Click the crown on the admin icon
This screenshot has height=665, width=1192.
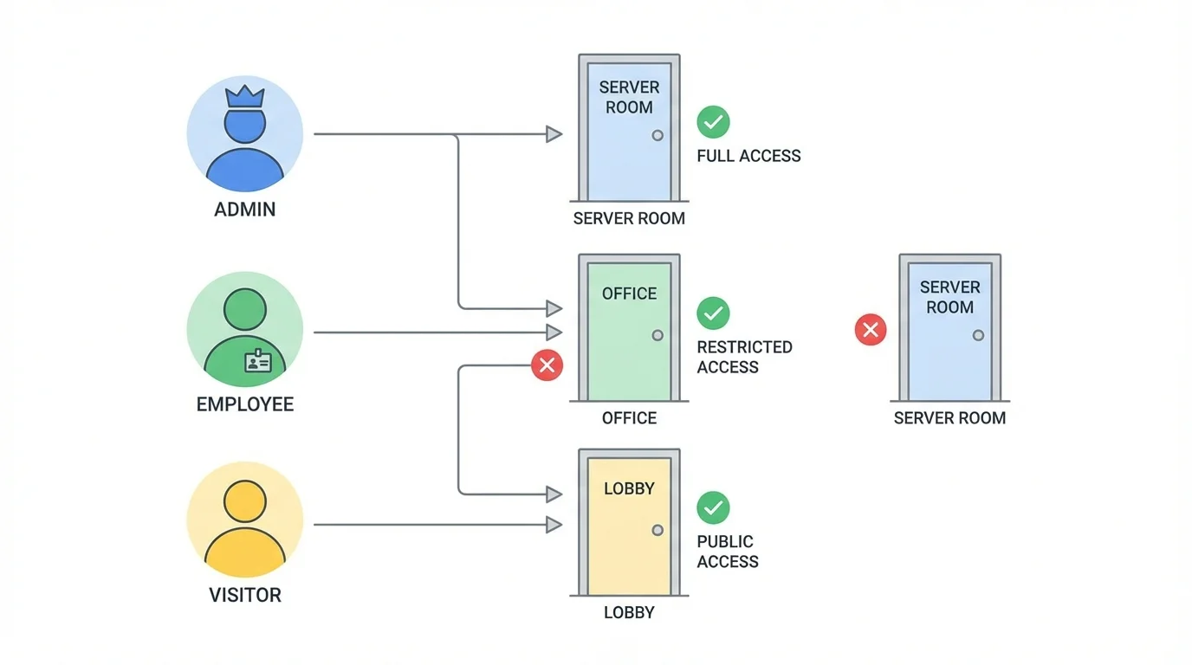[244, 96]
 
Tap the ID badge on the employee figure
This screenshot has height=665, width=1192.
[257, 360]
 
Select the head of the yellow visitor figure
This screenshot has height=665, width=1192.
[245, 501]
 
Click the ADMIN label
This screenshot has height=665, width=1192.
[245, 210]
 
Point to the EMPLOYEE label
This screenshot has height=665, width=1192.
[245, 404]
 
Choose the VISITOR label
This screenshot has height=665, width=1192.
[245, 596]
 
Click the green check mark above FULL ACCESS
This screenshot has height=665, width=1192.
[713, 122]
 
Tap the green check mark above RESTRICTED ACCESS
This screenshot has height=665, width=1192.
[713, 313]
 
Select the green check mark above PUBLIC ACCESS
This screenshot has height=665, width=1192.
[713, 508]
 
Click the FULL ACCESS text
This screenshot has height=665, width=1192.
[748, 157]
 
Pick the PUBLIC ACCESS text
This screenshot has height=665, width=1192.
[728, 552]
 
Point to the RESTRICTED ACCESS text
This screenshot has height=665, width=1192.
[744, 357]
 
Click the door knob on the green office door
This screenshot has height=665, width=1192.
[658, 335]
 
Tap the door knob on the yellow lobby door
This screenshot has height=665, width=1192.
[658, 530]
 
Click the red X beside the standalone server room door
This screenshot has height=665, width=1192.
[871, 330]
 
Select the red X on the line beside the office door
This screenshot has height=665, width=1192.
[547, 365]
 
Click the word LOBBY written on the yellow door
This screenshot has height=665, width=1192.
[629, 488]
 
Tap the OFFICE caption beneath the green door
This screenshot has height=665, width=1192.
[629, 418]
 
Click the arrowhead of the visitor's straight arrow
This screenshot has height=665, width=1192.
[554, 525]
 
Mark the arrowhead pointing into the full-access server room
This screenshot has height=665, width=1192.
[554, 134]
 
